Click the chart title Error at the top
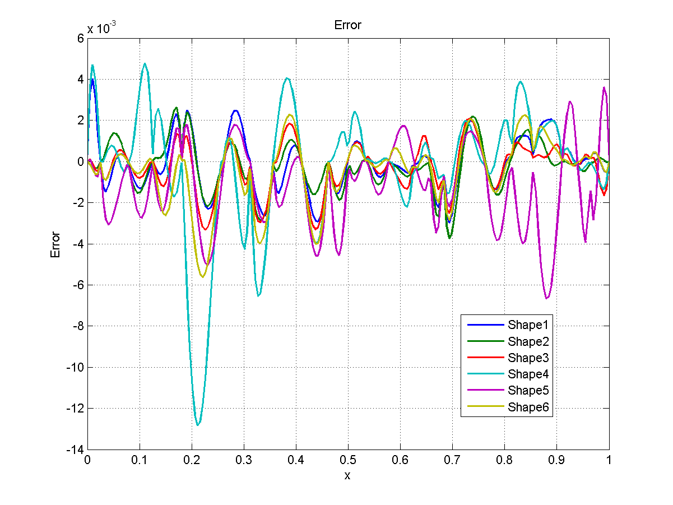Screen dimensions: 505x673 347,25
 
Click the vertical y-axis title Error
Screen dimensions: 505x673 55,244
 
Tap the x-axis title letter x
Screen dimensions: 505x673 347,475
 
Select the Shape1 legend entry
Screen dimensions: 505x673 530,324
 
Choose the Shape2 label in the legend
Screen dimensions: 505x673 530,341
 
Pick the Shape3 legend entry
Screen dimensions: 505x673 530,358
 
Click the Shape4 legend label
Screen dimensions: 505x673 530,374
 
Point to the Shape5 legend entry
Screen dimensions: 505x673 530,390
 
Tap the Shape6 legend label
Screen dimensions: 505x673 530,407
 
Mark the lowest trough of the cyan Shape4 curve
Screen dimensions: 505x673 198,425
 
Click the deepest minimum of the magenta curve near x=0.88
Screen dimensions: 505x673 547,298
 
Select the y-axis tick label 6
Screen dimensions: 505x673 80,38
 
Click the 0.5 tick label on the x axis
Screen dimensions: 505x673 347,460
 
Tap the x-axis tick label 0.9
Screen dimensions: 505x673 556,460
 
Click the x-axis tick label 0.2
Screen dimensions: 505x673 191,460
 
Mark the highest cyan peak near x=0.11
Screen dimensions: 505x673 145,63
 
